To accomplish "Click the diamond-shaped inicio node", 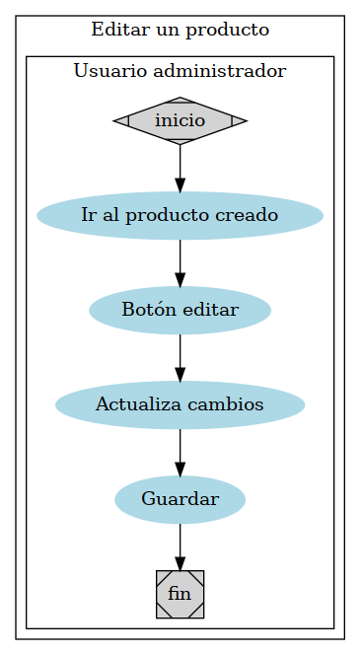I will coord(180,120).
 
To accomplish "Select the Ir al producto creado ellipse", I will coord(180,215).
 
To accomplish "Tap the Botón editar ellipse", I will coord(180,310).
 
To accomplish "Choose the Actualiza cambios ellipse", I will coord(180,404).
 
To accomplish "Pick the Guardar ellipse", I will coord(180,499).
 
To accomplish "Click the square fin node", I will coord(180,594).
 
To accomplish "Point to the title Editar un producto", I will coord(180,30).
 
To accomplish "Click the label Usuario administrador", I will coord(180,71).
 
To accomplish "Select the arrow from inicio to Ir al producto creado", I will coord(180,168).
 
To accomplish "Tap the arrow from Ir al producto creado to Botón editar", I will coord(180,262).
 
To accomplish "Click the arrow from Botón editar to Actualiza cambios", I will coord(180,357).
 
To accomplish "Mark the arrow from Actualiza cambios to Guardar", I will coord(180,452).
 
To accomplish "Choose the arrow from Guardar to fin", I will coord(180,546).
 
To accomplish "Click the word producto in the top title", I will coord(233,30).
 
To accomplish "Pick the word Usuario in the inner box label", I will coord(106,71).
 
